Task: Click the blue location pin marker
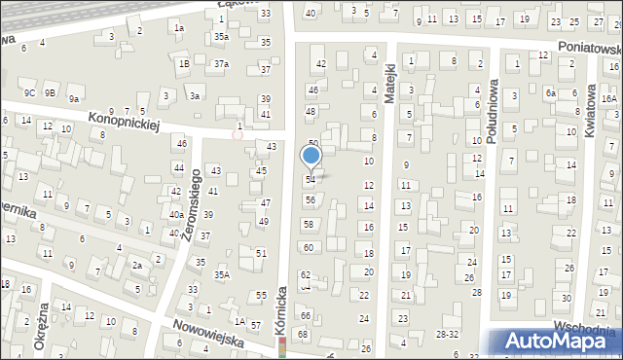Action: [311, 157]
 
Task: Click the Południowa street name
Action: [493, 112]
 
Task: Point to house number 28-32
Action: [447, 333]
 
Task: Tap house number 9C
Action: [30, 92]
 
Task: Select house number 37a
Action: [222, 63]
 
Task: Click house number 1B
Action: [183, 63]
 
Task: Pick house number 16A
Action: [608, 98]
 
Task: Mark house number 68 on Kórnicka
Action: [303, 334]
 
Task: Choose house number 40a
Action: [176, 214]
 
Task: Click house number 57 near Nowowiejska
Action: [255, 325]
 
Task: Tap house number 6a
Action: [550, 92]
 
